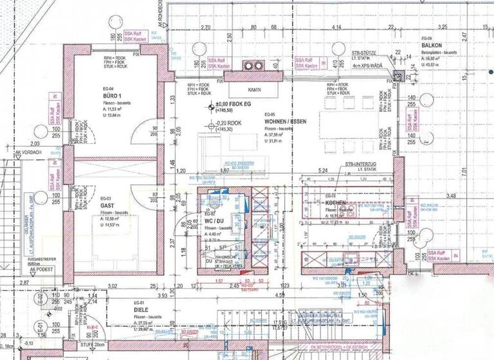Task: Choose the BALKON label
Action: coord(432,46)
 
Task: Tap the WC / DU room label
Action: coord(214,219)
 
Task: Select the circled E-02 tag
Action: coord(40,298)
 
